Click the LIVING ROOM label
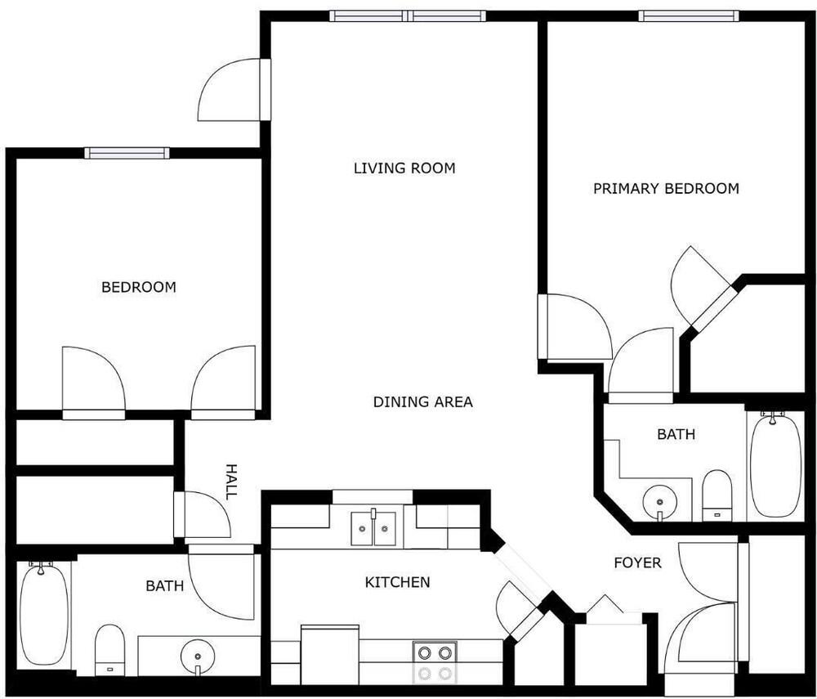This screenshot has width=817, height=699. pos(404,168)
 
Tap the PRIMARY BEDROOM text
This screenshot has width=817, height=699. pos(666,188)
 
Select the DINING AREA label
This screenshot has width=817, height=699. pos(423,402)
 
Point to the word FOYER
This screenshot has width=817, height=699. pos(637,563)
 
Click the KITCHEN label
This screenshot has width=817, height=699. pos(398,582)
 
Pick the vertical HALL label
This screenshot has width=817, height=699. pos(230,481)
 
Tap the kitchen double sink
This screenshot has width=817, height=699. pos(373,527)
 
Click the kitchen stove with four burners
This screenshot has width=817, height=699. pos(435,662)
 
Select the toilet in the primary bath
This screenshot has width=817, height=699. pos(717,495)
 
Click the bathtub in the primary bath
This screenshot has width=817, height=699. pos(775,465)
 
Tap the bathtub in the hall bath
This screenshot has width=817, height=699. pos(44,613)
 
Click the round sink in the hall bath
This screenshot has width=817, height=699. pos(198,656)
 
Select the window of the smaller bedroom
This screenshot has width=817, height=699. pos(127,153)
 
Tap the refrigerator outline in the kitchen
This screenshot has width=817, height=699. pos(330,654)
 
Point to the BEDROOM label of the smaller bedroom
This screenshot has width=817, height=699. pos(139,287)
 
